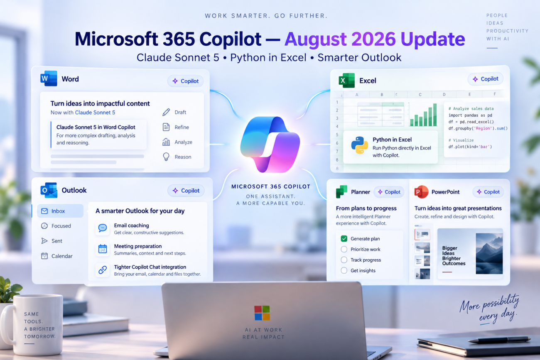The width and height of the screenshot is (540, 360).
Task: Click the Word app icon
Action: click(x=49, y=78)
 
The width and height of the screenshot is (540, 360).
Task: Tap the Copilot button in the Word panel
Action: click(x=185, y=81)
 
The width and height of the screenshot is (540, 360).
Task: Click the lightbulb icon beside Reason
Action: click(x=166, y=157)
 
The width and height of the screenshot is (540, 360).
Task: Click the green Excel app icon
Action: click(x=347, y=80)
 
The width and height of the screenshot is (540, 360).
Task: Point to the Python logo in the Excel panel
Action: click(x=359, y=145)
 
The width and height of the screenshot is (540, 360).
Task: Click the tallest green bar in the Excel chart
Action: click(x=435, y=115)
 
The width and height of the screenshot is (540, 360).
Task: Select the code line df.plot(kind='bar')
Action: click(x=470, y=147)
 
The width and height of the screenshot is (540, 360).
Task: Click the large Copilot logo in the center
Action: click(x=270, y=144)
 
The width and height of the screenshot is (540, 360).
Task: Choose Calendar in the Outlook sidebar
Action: click(x=57, y=256)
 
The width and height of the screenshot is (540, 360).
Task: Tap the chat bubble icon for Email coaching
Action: click(x=103, y=228)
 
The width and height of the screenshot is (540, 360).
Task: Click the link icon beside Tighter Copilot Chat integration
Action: click(x=103, y=269)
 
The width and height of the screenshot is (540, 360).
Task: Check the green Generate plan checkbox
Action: click(x=344, y=239)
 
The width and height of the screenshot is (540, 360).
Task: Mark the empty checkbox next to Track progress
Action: click(x=344, y=260)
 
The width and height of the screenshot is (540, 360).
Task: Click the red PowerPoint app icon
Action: click(x=421, y=192)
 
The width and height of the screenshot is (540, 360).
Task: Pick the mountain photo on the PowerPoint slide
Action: click(x=489, y=253)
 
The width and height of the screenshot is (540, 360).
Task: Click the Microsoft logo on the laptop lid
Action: click(x=262, y=313)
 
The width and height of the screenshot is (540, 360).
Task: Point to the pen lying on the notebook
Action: click(x=499, y=340)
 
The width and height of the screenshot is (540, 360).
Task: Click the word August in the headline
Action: click(x=316, y=39)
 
